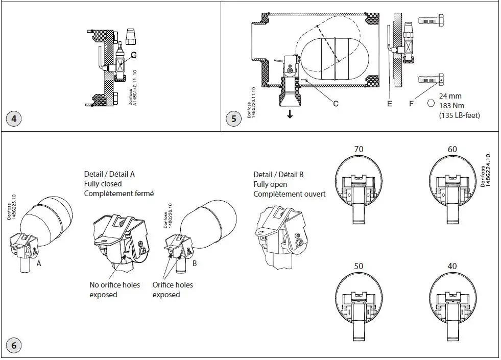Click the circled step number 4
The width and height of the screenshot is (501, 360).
click(14, 119)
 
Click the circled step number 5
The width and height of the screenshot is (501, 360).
click(233, 119)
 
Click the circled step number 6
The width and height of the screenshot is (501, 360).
click(14, 346)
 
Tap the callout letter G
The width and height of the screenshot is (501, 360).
click(134, 54)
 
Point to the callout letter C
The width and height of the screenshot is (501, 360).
click(336, 104)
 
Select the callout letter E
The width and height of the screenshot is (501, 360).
click(389, 104)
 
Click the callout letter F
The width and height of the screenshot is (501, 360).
click(412, 104)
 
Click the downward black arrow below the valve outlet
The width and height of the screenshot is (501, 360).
click(290, 114)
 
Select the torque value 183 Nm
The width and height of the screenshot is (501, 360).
click(451, 105)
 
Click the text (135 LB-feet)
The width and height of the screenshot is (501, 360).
click(459, 115)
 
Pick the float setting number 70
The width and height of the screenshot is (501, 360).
click(359, 149)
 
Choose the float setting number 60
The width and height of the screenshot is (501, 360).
click(452, 149)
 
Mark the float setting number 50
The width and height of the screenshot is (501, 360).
click(359, 267)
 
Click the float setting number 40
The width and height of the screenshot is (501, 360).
click(452, 267)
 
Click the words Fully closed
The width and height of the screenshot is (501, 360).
click(103, 184)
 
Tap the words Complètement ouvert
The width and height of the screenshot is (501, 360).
click(289, 194)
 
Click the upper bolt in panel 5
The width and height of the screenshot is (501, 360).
click(430, 21)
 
